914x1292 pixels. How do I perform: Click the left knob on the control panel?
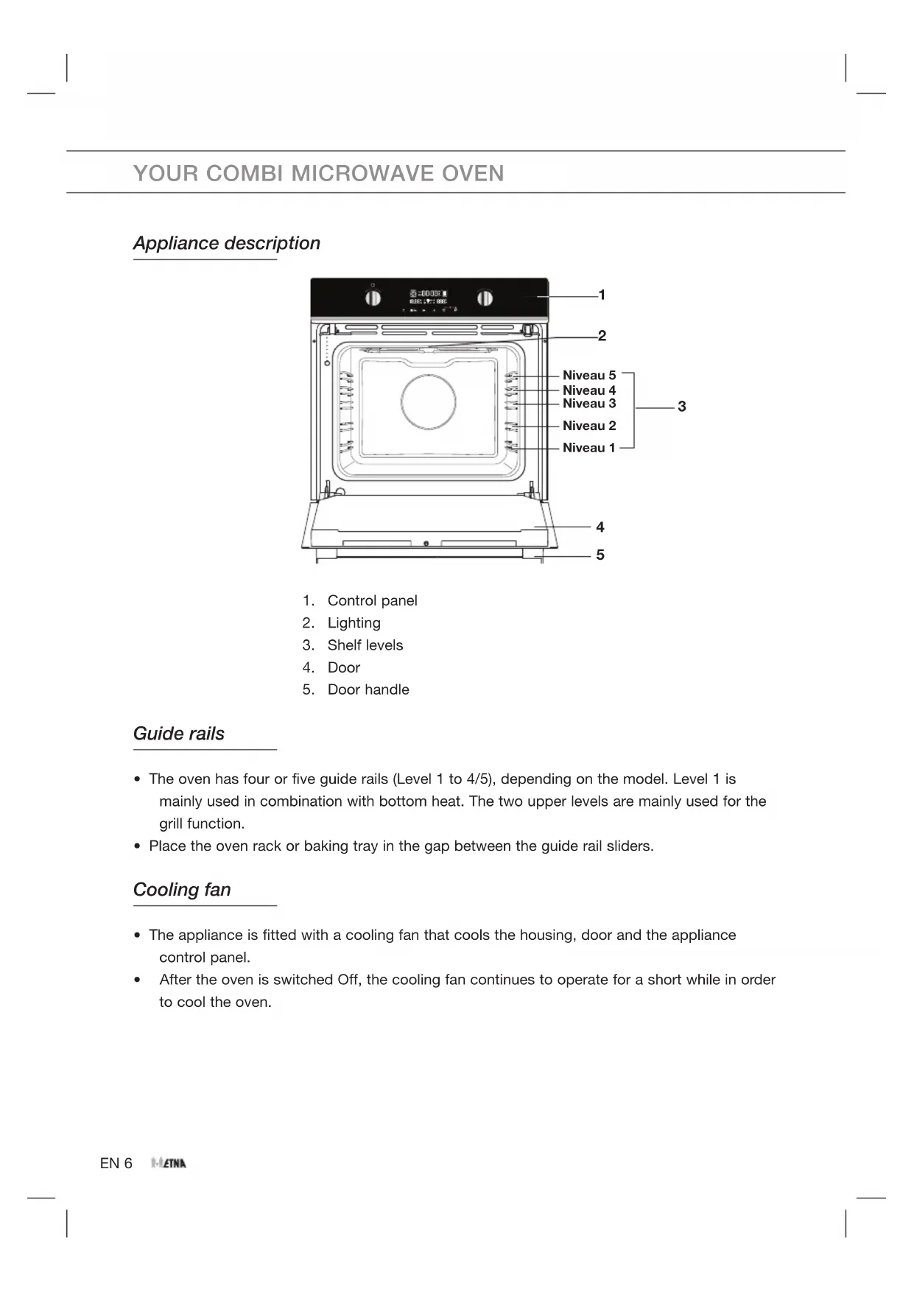pos(373,298)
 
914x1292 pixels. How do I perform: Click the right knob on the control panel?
pos(485,298)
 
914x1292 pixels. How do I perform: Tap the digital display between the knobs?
pos(429,298)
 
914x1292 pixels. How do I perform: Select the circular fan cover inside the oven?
pos(428,401)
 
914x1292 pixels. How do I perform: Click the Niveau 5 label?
pos(589,375)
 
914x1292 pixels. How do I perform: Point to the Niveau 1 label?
pos(588,448)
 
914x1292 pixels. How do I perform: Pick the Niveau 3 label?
pos(589,404)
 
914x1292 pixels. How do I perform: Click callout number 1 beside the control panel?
pos(602,295)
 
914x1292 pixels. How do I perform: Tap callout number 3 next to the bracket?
pos(682,406)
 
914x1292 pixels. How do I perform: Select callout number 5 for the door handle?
pos(600,555)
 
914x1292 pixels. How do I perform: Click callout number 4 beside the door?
pos(600,527)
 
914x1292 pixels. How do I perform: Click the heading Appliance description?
pos(227,243)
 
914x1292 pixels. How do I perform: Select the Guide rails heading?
pos(179,734)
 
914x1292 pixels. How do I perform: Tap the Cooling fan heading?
pos(182,890)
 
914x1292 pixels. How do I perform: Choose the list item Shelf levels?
pos(365,645)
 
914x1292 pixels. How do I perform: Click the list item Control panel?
pos(372,600)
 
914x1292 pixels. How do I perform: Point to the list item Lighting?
pos(354,623)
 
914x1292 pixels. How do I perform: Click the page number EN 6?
pos(116,1163)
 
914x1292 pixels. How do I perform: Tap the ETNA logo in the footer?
pos(169,1163)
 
